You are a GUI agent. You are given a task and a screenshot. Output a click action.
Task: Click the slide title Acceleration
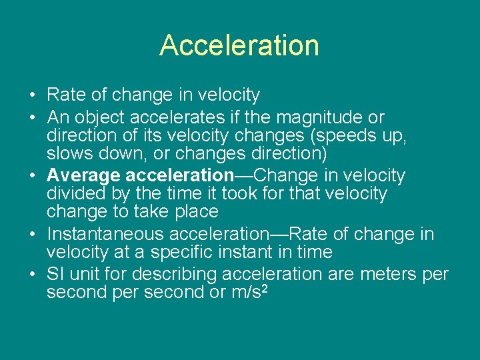239,45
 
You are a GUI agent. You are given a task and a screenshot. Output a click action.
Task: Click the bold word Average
84,175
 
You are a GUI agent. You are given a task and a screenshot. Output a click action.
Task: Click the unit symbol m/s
241,293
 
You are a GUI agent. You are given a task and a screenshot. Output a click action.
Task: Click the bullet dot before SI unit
33,274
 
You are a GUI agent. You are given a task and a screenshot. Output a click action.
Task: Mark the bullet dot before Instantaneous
33,234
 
